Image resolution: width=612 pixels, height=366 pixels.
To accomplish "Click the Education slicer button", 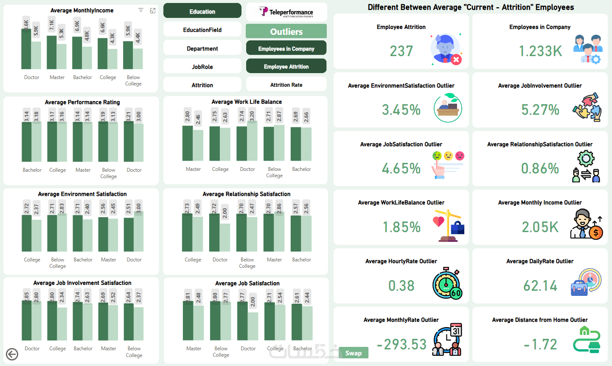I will (202, 11).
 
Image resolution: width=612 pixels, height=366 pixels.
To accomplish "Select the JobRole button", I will (202, 67).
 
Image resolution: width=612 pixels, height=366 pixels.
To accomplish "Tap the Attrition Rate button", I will (286, 85).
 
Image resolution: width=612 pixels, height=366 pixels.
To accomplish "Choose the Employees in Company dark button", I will (286, 48).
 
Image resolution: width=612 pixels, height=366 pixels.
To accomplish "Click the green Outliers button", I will (286, 31).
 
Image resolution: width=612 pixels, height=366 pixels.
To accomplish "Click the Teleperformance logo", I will (286, 12).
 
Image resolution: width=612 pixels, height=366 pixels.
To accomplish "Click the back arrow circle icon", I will (12, 354).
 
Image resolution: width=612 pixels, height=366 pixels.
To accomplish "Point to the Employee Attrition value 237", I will (401, 51).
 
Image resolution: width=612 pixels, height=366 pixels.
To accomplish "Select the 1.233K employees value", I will (540, 51).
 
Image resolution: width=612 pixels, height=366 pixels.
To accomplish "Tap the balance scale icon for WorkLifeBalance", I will (448, 225).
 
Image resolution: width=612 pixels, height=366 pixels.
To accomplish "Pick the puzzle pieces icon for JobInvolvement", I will (587, 108).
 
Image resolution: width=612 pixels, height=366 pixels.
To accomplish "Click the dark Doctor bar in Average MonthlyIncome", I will (26, 49).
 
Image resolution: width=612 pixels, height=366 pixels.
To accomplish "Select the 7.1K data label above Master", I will (51, 26).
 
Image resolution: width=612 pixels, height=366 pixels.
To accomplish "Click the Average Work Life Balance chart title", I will (247, 102).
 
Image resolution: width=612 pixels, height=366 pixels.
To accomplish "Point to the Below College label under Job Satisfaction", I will (221, 352).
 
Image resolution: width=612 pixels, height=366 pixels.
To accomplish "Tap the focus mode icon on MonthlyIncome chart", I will (153, 11).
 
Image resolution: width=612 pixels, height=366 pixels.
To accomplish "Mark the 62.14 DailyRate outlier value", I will (540, 286).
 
